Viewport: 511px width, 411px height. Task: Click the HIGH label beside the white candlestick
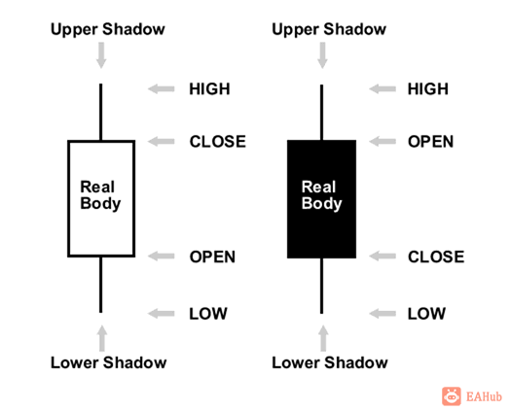pos(209,89)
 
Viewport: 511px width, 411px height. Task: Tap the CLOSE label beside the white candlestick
pos(217,142)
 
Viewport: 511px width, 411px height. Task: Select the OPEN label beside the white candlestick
pos(212,257)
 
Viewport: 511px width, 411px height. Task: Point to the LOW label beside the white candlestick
pos(207,313)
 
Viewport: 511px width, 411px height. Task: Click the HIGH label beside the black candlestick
pos(427,89)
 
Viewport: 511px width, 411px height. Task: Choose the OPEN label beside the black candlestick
pos(430,142)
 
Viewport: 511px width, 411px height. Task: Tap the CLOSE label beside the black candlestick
pos(435,257)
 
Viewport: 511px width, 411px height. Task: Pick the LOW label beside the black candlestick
pos(425,313)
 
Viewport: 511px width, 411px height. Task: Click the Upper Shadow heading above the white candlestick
pos(108,29)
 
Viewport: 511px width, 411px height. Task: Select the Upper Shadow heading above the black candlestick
pos(329,29)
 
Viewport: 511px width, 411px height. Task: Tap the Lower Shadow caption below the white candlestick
pos(108,362)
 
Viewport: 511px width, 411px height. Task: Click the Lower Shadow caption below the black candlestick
pos(329,362)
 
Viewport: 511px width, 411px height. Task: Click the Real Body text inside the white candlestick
pos(100,195)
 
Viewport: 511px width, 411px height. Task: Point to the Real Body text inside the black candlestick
pos(321,195)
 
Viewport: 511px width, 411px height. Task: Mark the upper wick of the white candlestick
pos(100,112)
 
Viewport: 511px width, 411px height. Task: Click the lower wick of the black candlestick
pos(321,286)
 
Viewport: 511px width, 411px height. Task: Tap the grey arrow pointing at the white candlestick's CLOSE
pos(161,142)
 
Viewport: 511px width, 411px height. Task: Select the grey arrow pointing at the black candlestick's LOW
pos(382,313)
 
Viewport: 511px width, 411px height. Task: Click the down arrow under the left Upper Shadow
pos(100,55)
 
